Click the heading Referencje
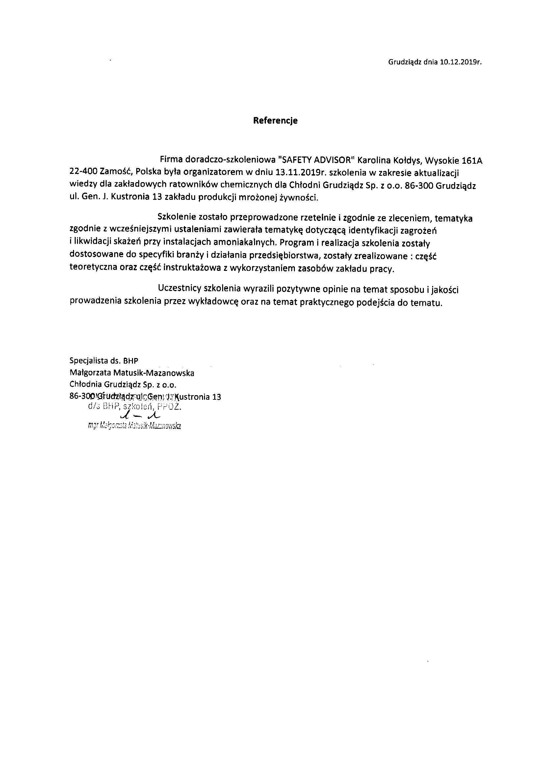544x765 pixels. (x=275, y=120)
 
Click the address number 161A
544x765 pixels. (x=472, y=160)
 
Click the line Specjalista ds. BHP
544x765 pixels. (x=104, y=361)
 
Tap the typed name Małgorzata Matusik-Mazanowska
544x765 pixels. (x=132, y=373)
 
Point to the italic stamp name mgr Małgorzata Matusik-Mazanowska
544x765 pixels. (x=134, y=426)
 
